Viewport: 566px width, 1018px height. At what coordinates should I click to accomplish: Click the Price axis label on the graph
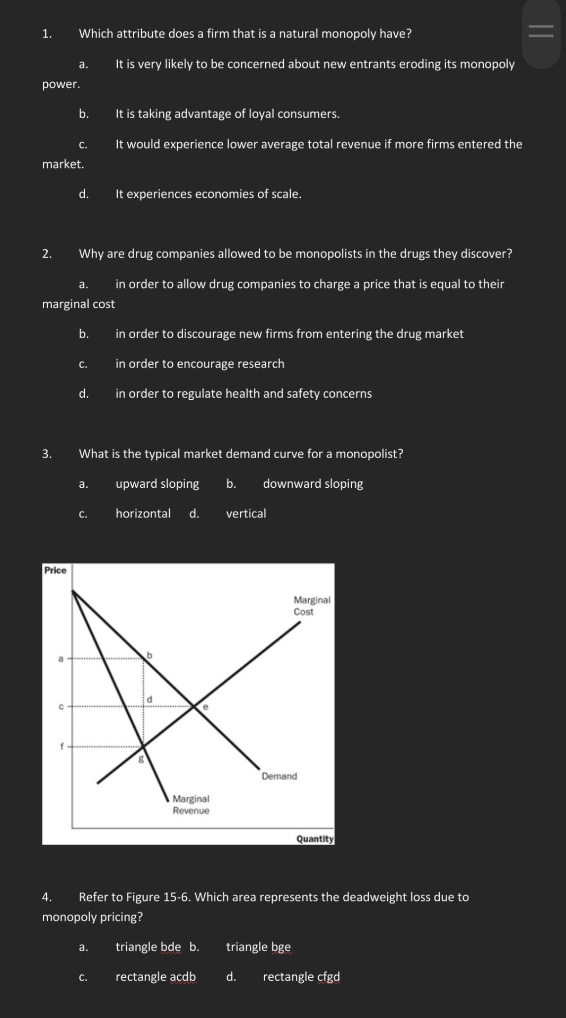coord(55,571)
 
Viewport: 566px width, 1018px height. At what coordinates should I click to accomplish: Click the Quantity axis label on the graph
coord(315,839)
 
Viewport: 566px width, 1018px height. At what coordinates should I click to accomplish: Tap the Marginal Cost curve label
coord(311,605)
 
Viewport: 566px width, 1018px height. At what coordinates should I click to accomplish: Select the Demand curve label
coord(279,776)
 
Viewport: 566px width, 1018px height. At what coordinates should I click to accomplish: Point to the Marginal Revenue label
coord(191,804)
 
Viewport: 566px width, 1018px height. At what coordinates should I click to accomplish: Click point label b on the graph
coord(150,655)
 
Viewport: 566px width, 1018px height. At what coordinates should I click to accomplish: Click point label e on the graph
coord(205,706)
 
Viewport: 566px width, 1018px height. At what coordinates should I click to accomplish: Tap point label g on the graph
coord(141,759)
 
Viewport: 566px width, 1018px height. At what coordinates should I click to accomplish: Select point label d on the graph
coord(150,699)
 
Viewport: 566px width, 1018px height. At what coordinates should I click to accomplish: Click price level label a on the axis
coord(60,659)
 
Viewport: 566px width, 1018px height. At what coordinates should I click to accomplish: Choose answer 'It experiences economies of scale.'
coord(208,194)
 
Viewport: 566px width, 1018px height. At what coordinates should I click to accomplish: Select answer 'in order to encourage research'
coord(199,364)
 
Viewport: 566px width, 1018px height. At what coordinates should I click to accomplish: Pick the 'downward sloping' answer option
coord(313,484)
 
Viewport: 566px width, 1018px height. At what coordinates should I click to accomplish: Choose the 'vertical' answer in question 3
coord(246,513)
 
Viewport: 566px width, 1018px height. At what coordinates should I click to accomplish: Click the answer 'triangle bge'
coord(258,947)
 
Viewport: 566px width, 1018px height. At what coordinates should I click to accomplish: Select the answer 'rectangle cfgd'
coord(301,977)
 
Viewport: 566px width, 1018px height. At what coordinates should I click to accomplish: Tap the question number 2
coord(47,254)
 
